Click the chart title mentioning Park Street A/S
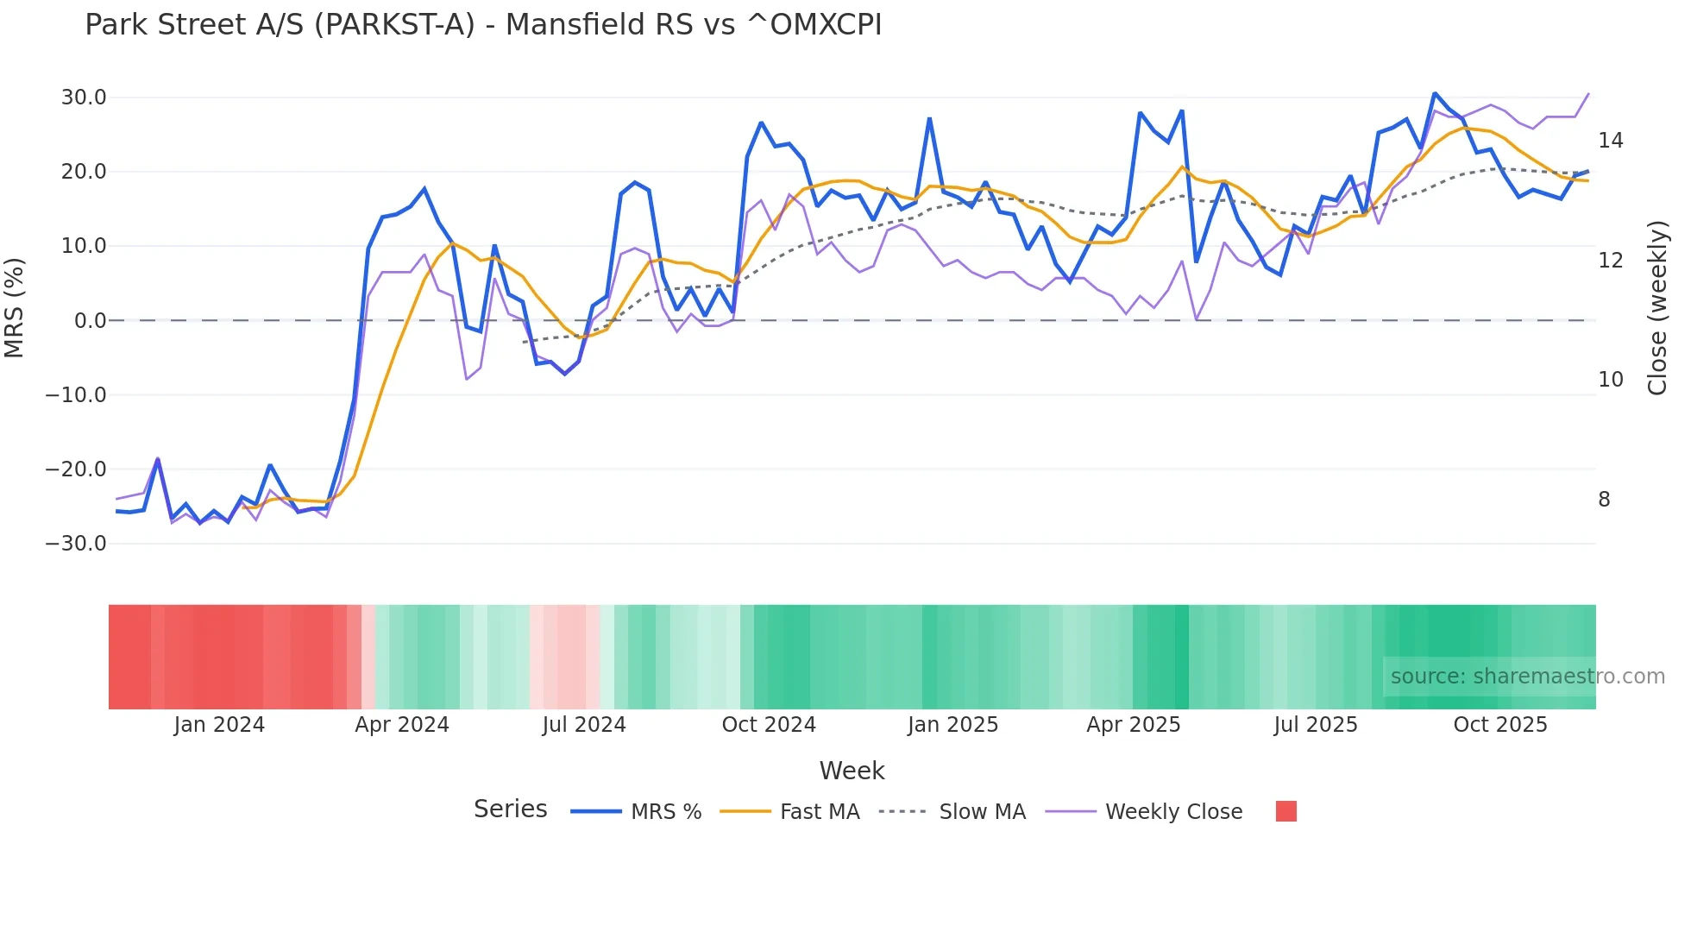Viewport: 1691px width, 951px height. (x=483, y=25)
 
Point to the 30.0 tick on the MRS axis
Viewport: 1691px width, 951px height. (x=84, y=98)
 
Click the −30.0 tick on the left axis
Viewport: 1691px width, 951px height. (x=76, y=544)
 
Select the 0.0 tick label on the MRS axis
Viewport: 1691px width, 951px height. (x=90, y=321)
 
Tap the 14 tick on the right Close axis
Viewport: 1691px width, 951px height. (x=1610, y=141)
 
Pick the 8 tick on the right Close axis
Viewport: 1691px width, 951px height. (x=1604, y=500)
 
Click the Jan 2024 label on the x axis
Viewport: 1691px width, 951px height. (x=219, y=725)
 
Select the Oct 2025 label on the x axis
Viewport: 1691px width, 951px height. (x=1499, y=725)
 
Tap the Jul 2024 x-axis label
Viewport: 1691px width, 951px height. (x=584, y=725)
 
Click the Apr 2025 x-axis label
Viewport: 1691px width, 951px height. (x=1133, y=725)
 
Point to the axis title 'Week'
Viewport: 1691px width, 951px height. (x=852, y=771)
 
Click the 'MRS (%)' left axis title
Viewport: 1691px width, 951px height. (x=15, y=307)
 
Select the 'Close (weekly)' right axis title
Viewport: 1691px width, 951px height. (x=1657, y=308)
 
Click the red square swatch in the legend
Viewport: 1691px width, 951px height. (x=1286, y=811)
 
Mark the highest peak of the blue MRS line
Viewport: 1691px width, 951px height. (x=1434, y=93)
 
